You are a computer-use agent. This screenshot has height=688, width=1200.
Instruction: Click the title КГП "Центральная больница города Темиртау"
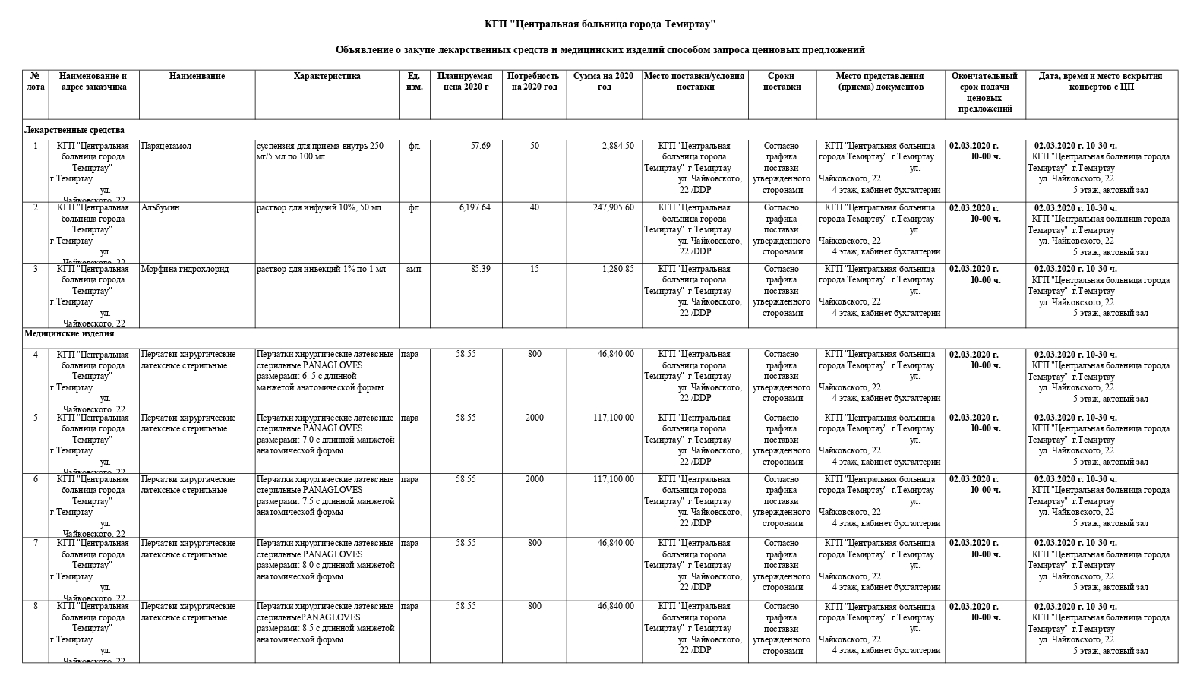pos(599,24)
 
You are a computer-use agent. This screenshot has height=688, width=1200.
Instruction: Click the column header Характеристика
pos(327,76)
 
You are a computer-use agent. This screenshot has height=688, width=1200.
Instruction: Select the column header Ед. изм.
pos(414,81)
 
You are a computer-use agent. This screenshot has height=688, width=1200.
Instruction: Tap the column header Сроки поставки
pos(782,81)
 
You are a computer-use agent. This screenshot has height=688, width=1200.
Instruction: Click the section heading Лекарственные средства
pos(74,131)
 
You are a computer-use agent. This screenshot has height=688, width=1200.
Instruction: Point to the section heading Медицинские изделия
pos(69,333)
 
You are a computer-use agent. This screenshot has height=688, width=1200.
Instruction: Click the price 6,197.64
pos(475,207)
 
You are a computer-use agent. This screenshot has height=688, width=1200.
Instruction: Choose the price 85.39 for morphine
pos(480,269)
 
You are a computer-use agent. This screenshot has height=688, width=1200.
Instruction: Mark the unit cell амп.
pos(414,269)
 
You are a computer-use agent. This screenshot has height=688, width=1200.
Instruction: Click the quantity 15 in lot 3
pos(535,269)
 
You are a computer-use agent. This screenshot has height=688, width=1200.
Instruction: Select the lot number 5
pos(35,418)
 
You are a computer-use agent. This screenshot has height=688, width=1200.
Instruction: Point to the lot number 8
pos(35,606)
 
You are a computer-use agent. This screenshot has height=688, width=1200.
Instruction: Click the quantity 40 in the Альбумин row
pos(535,207)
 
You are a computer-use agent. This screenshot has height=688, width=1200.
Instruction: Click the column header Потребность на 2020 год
pos(533,81)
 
